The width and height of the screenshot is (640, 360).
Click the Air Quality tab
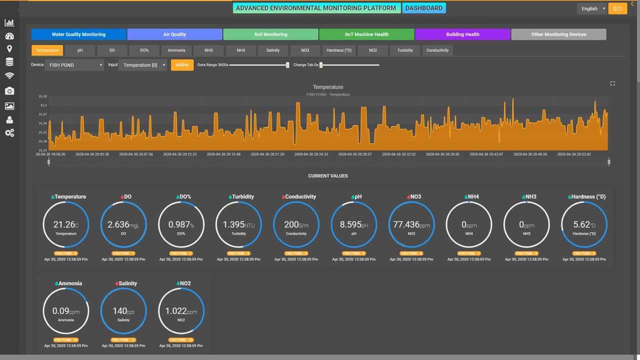click(x=174, y=34)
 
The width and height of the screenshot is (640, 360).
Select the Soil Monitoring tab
click(x=270, y=34)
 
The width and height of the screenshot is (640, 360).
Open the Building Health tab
click(x=462, y=34)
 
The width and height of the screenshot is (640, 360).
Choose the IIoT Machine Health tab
click(x=366, y=34)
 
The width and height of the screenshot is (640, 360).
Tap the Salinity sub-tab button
click(x=273, y=50)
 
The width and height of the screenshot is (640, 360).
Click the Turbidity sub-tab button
click(x=405, y=50)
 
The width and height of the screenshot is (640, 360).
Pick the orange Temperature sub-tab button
click(x=47, y=50)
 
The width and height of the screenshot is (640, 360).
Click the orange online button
click(x=182, y=65)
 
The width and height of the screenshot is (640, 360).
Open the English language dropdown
click(x=592, y=8)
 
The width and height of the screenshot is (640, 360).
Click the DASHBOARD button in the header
click(x=423, y=8)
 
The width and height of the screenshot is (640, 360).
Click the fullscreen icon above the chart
click(x=612, y=83)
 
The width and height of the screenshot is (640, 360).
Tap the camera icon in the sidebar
click(x=9, y=91)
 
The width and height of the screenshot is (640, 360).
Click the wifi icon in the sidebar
click(x=9, y=75)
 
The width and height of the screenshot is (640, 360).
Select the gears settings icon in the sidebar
click(x=9, y=133)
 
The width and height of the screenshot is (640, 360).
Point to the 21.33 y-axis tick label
click(x=43, y=96)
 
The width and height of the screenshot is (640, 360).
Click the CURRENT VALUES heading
click(x=327, y=176)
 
